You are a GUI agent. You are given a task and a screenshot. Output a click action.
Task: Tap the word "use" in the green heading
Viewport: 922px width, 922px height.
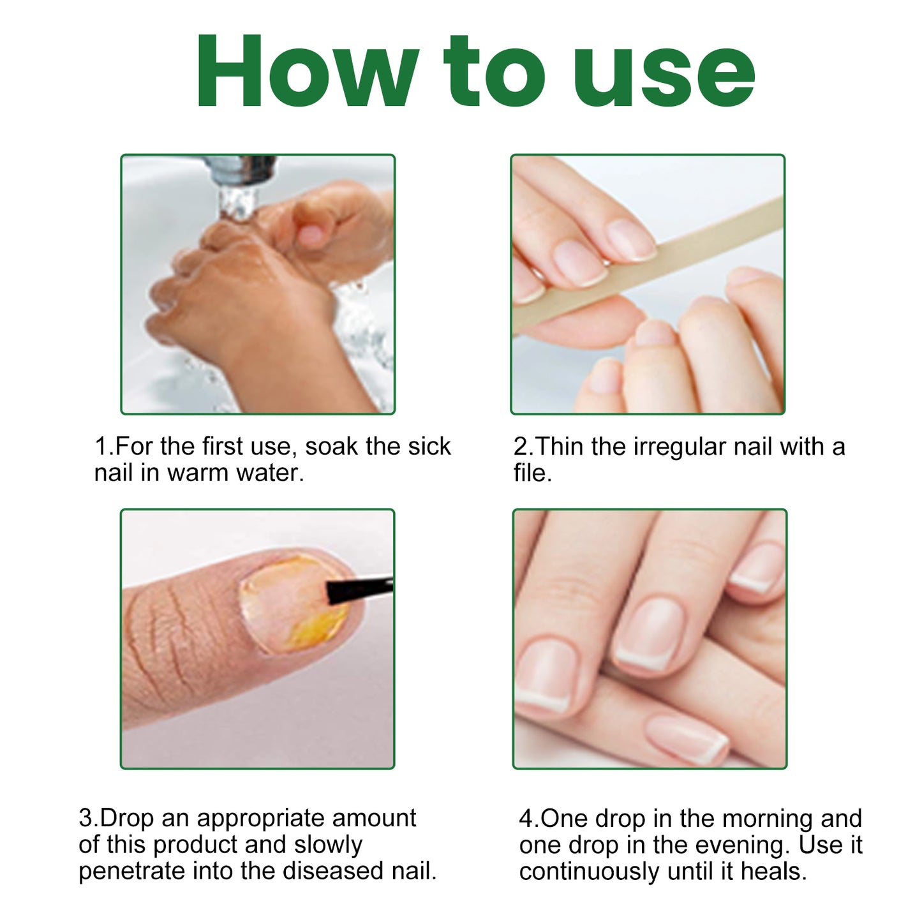pyautogui.click(x=664, y=75)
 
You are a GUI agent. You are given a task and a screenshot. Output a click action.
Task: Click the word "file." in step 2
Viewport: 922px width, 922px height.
pyautogui.click(x=532, y=473)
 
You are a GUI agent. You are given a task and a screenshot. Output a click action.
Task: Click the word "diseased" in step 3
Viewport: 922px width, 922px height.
pyautogui.click(x=332, y=871)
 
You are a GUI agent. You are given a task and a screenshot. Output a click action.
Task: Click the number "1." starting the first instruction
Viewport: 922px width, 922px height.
pyautogui.click(x=104, y=447)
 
